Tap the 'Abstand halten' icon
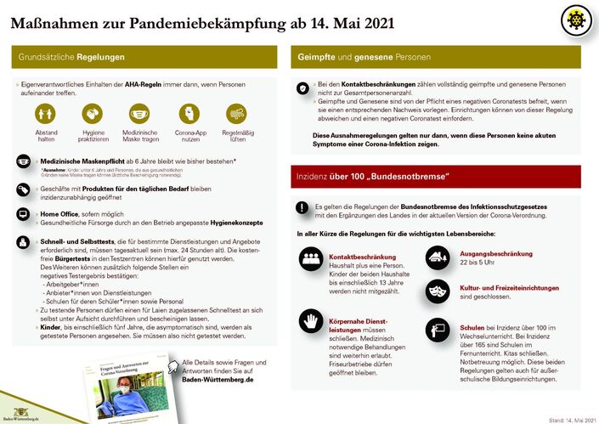click(47, 114)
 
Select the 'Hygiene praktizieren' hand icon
click(93, 114)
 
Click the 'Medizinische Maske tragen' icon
click(141, 114)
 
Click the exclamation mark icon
click(302, 207)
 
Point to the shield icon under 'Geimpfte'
click(302, 88)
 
